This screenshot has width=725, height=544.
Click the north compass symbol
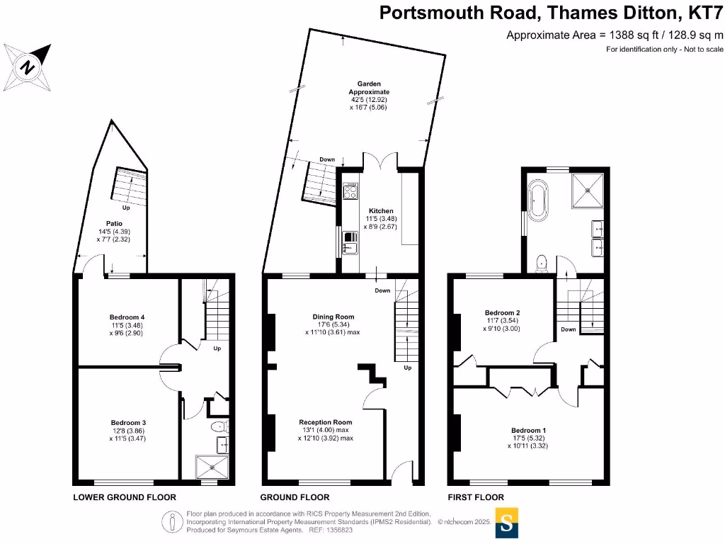click(x=28, y=67)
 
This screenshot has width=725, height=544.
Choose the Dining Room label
click(x=333, y=317)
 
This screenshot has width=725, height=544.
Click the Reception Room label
click(x=325, y=422)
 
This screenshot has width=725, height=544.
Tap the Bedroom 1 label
click(x=529, y=430)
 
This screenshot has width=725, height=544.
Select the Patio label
click(x=115, y=224)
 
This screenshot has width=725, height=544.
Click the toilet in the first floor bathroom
click(x=542, y=263)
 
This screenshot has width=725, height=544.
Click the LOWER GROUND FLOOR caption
click(x=125, y=497)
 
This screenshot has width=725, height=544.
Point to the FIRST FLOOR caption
click(x=476, y=497)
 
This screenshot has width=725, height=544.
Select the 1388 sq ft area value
click(x=622, y=35)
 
